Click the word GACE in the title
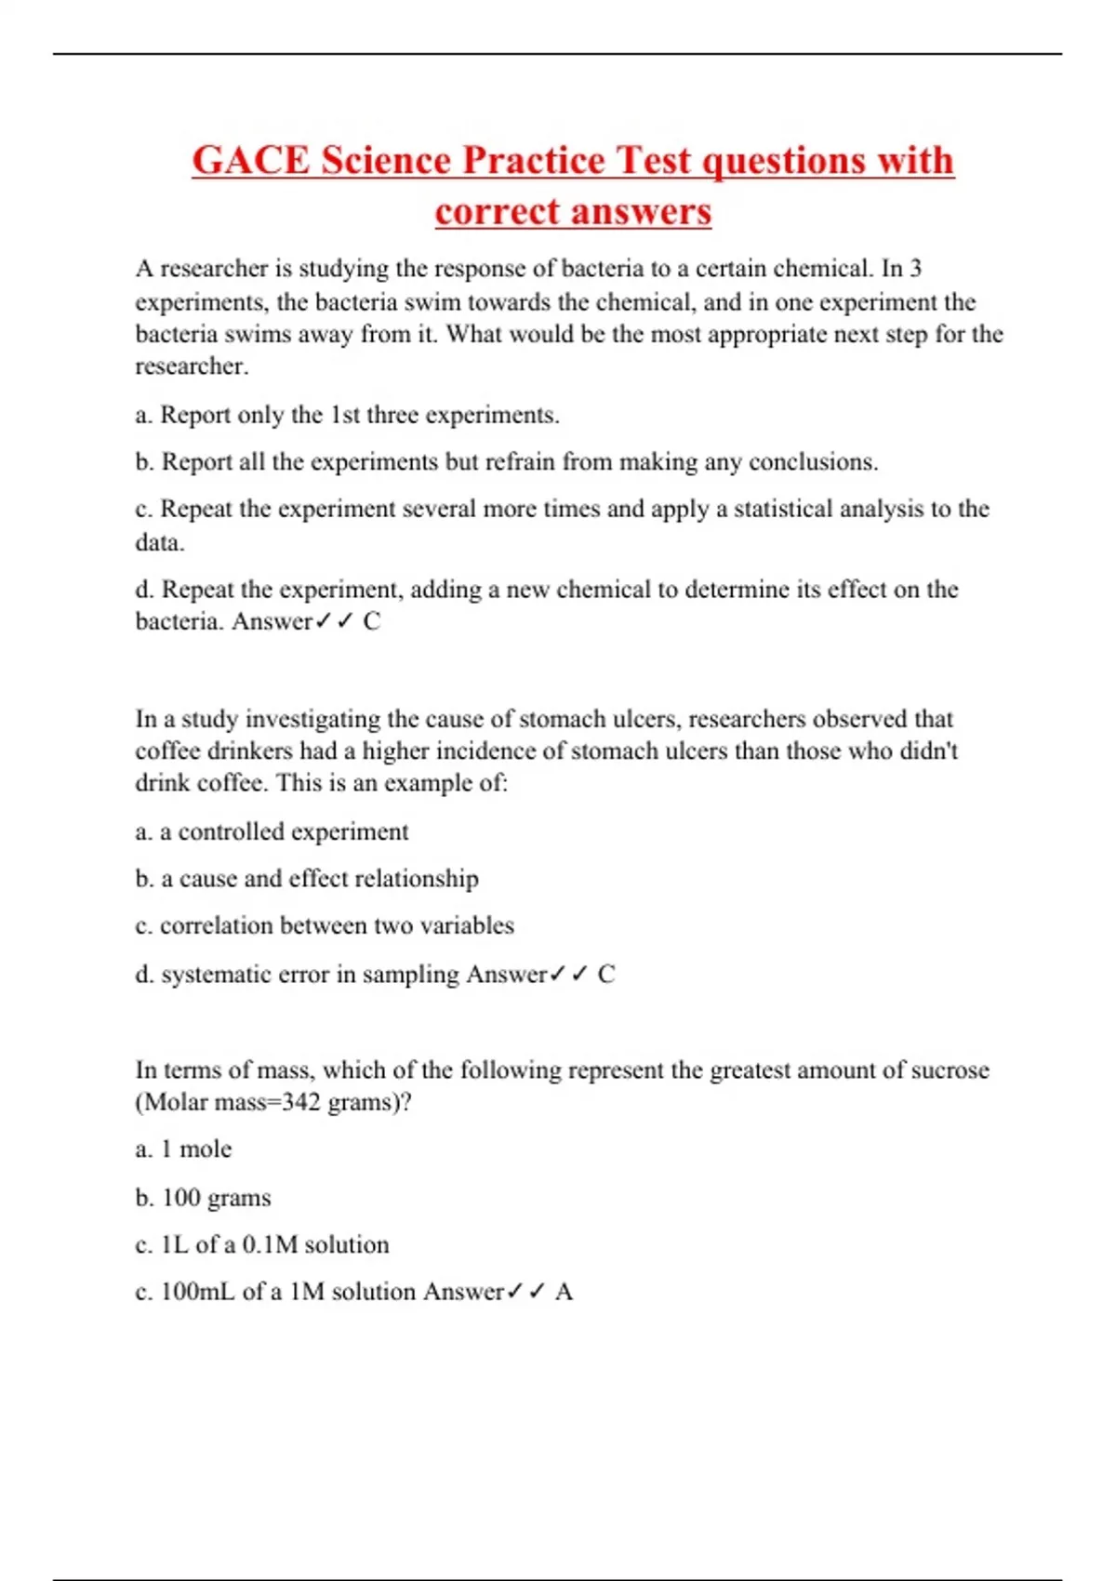tap(250, 161)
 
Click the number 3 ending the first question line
tap(915, 269)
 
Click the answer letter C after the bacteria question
tap(372, 621)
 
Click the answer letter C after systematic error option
tap(606, 975)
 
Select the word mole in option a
tap(206, 1149)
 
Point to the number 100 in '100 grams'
tap(181, 1198)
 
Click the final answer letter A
tap(564, 1292)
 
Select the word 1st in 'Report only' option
tap(344, 415)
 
